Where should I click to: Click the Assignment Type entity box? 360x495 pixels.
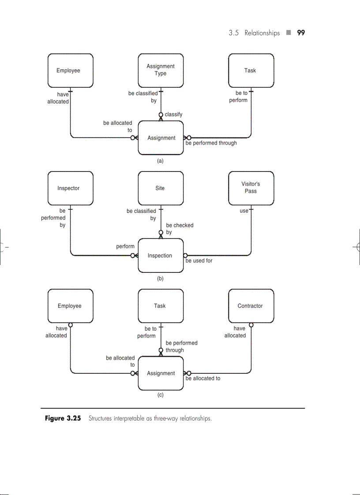[x=161, y=71]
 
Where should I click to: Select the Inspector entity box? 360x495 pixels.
[x=70, y=188]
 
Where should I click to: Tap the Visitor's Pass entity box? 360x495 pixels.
[x=251, y=188]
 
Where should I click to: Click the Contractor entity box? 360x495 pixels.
[x=251, y=306]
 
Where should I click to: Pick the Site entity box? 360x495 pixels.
[x=161, y=188]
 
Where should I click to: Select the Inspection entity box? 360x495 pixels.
[x=161, y=256]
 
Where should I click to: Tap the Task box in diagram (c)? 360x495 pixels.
[x=161, y=306]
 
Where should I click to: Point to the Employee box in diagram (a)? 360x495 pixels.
[x=70, y=71]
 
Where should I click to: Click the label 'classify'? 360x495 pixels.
[x=173, y=115]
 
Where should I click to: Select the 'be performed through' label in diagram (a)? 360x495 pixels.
[x=211, y=143]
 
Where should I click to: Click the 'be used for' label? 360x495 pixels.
[x=199, y=261]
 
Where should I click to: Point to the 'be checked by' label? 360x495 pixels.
[x=179, y=229]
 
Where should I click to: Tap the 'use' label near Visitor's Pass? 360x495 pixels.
[x=244, y=211]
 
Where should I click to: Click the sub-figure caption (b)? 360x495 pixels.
[x=160, y=279]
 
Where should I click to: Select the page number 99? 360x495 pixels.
[x=301, y=33]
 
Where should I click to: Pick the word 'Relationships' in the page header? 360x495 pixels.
[x=262, y=33]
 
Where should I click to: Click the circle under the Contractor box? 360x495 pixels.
[x=251, y=325]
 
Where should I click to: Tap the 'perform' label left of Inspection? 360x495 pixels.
[x=125, y=247]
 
